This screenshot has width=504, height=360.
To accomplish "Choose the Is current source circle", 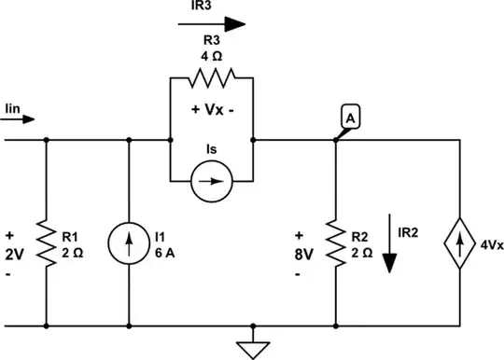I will (x=211, y=176).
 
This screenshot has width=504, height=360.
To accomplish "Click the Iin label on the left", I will (x=12, y=107).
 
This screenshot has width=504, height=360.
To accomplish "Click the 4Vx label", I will (x=491, y=245).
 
